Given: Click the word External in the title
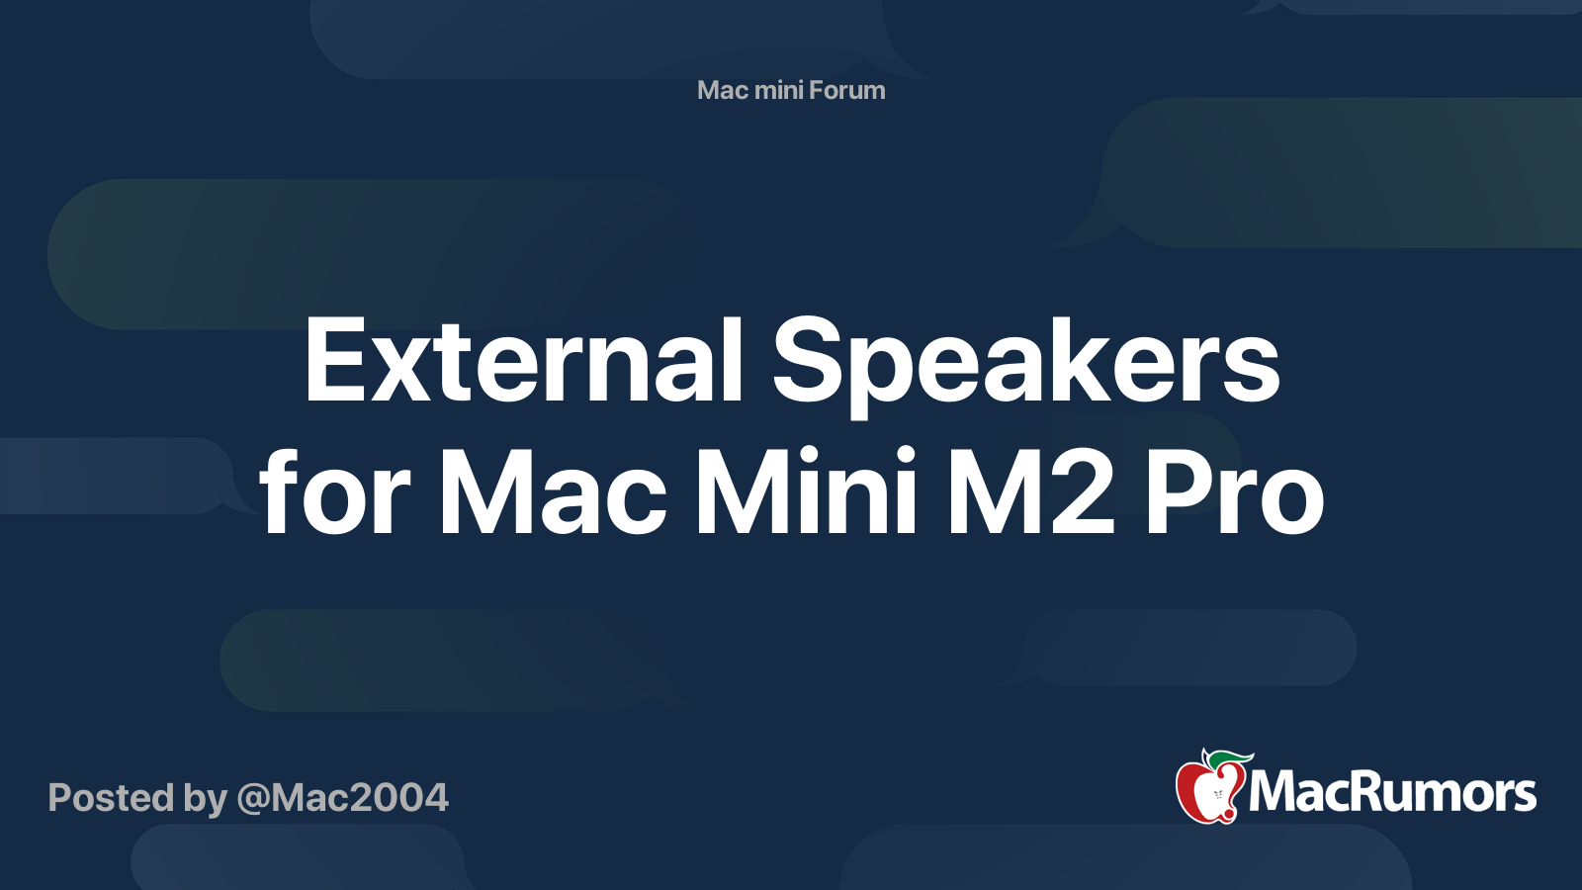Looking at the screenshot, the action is (x=523, y=360).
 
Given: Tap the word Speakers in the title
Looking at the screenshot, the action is (x=1025, y=368).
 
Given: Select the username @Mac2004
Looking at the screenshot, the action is (x=342, y=798).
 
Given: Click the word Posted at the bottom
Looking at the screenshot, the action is (x=112, y=797).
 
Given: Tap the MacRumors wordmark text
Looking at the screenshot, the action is (x=1392, y=793).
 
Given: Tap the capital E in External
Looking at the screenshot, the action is (x=336, y=360).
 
